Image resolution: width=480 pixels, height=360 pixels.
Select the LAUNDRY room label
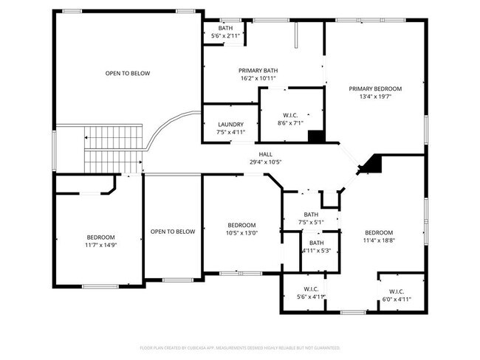tap(230, 124)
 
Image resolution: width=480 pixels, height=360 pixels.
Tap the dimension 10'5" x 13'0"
tap(241, 234)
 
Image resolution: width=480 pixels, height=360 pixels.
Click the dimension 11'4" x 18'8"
tap(378, 240)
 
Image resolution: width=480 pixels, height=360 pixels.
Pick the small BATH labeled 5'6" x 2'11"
tap(224, 32)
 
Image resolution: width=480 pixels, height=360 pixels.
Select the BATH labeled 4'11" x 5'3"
tap(316, 246)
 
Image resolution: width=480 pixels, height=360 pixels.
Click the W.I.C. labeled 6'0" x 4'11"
tap(396, 295)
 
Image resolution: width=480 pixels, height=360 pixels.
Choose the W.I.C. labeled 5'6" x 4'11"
tap(310, 293)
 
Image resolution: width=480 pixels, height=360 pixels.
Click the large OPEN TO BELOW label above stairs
tap(127, 73)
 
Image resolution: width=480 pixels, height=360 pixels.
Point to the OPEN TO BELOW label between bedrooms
tap(173, 232)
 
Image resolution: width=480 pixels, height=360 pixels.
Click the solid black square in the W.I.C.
tap(315, 136)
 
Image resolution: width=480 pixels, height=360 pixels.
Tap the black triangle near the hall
tap(371, 164)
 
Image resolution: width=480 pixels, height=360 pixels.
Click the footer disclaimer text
tap(239, 347)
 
